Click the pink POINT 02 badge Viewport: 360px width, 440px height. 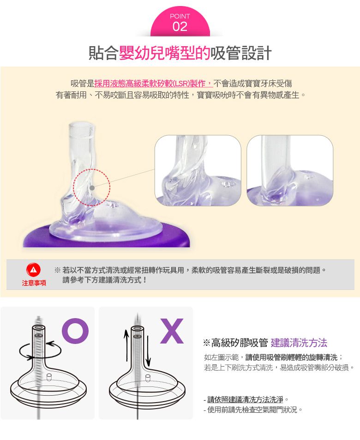(x=180, y=23)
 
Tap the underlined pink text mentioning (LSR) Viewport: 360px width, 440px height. (x=153, y=84)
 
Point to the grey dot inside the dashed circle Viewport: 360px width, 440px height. (x=92, y=188)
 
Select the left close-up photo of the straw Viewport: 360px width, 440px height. (x=198, y=170)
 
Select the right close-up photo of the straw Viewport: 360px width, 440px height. (x=290, y=170)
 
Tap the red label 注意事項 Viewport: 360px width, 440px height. (x=34, y=283)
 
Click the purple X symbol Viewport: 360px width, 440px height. (x=172, y=331)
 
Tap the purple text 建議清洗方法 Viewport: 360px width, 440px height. (x=299, y=343)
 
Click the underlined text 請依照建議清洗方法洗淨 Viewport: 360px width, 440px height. (x=245, y=399)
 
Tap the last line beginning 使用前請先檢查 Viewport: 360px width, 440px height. (x=253, y=410)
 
